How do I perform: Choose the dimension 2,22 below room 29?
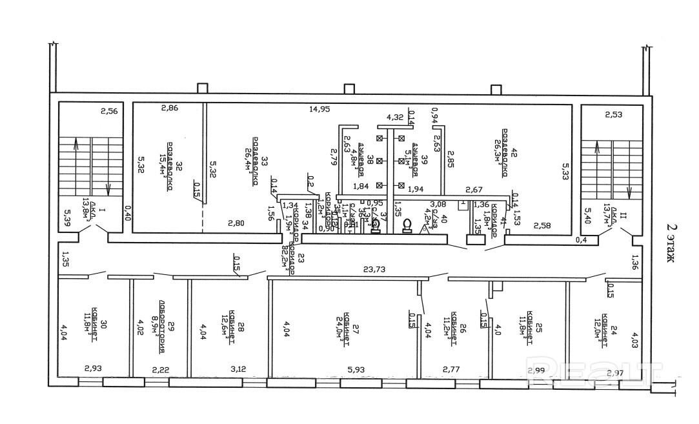pos(161,370)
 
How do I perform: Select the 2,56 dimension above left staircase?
pos(108,111)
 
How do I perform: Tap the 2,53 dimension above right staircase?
pos(614,115)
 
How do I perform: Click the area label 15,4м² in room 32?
pos(162,170)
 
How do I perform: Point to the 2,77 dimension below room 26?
pos(451,370)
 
